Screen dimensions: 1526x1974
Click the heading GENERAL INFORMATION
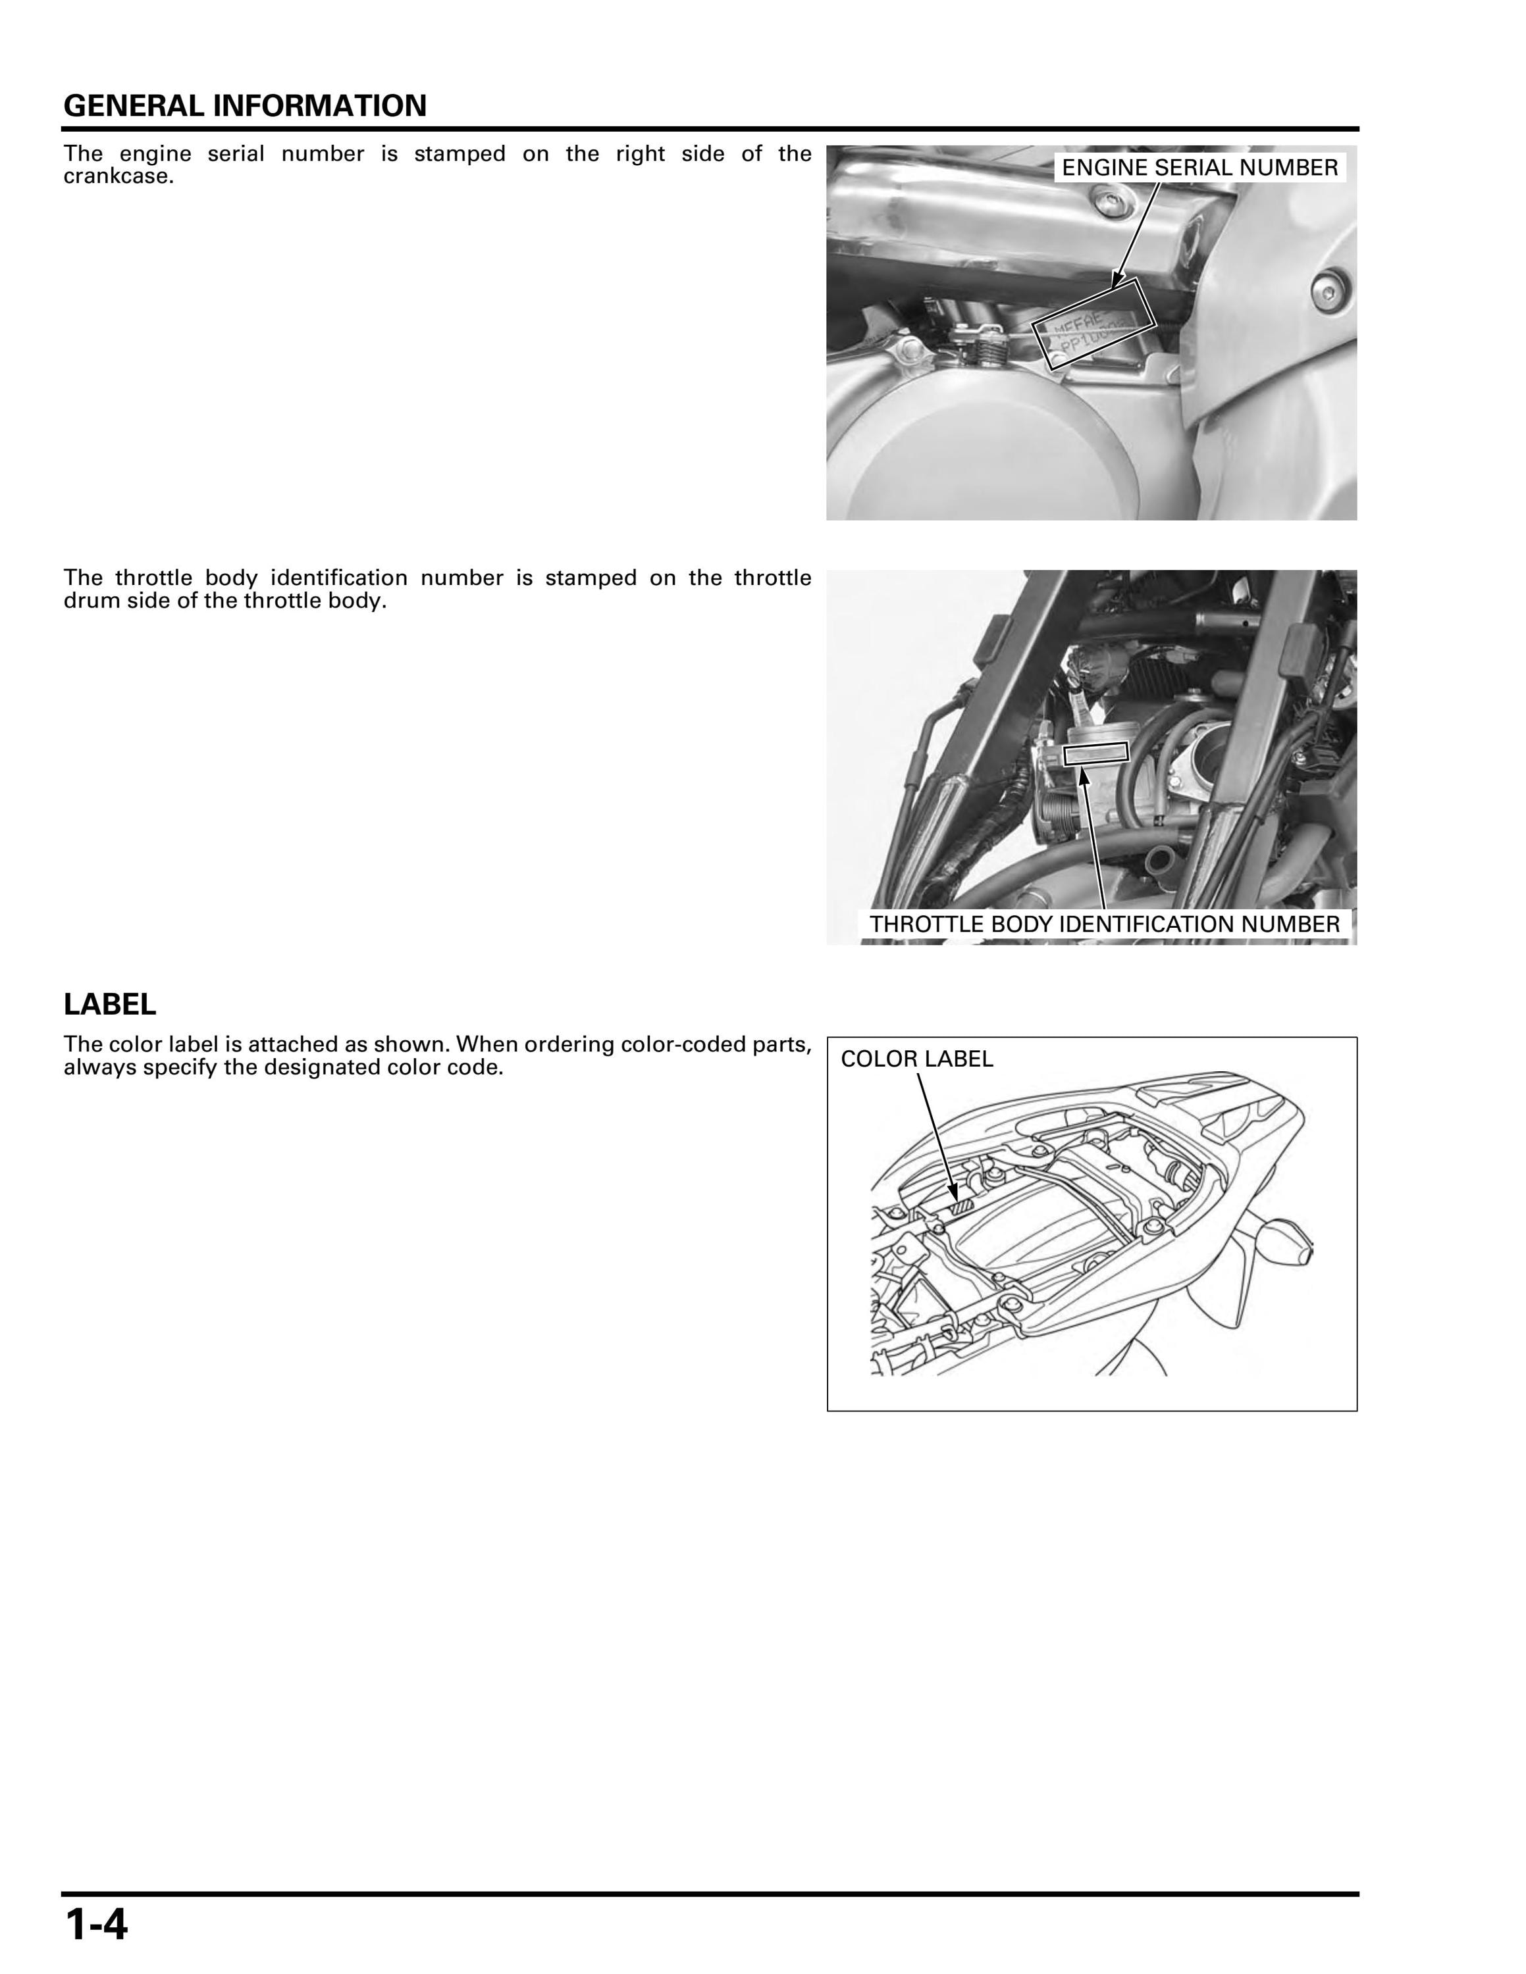pyautogui.click(x=245, y=106)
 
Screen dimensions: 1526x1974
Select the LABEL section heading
pyautogui.click(x=109, y=1004)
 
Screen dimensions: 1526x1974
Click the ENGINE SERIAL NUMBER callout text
pyautogui.click(x=1199, y=168)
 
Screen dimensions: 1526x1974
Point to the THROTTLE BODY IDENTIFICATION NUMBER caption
pyautogui.click(x=1105, y=924)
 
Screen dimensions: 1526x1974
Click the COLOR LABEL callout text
pyautogui.click(x=916, y=1059)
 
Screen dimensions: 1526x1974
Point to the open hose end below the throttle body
pyautogui.click(x=1156, y=861)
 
